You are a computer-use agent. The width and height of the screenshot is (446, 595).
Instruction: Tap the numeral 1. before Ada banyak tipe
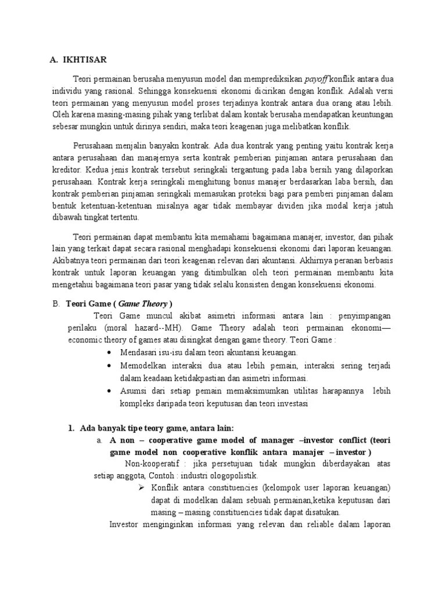(x=71, y=429)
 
